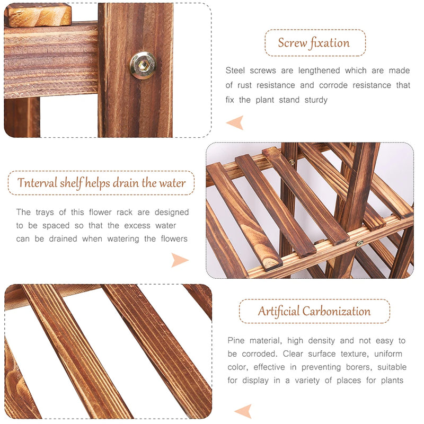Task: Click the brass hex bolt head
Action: (143, 65)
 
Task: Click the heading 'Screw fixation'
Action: (314, 43)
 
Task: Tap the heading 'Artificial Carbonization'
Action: (314, 311)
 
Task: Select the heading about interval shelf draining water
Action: (101, 183)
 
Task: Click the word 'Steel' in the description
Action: (236, 70)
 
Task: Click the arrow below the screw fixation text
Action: (234, 123)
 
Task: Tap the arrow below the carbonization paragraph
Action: (242, 411)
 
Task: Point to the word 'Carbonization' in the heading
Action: (337, 311)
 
